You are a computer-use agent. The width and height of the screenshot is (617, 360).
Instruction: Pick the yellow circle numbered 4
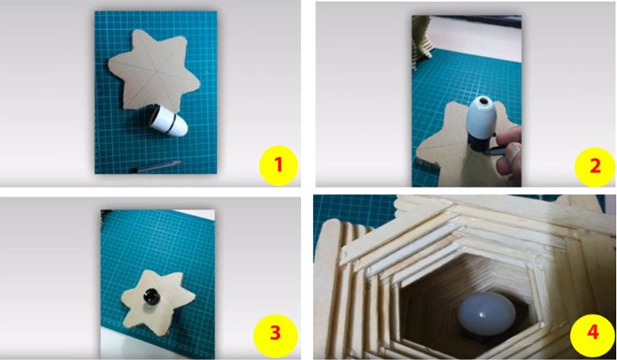587,332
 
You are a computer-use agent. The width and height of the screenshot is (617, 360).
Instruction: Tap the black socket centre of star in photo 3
151,297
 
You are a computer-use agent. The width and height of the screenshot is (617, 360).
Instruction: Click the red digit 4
587,332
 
